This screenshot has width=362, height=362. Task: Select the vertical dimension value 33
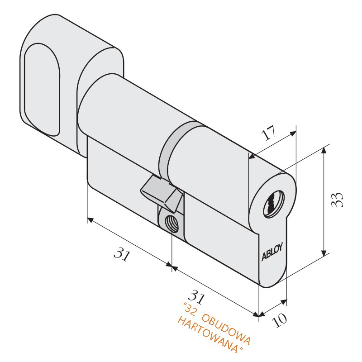(x=338, y=200)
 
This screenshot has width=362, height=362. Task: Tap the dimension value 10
(x=280, y=320)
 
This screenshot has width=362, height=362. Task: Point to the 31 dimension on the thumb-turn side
(x=122, y=254)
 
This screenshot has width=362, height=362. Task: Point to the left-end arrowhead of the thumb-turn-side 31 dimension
(x=90, y=220)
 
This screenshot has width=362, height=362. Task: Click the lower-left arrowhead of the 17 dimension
(x=252, y=157)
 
